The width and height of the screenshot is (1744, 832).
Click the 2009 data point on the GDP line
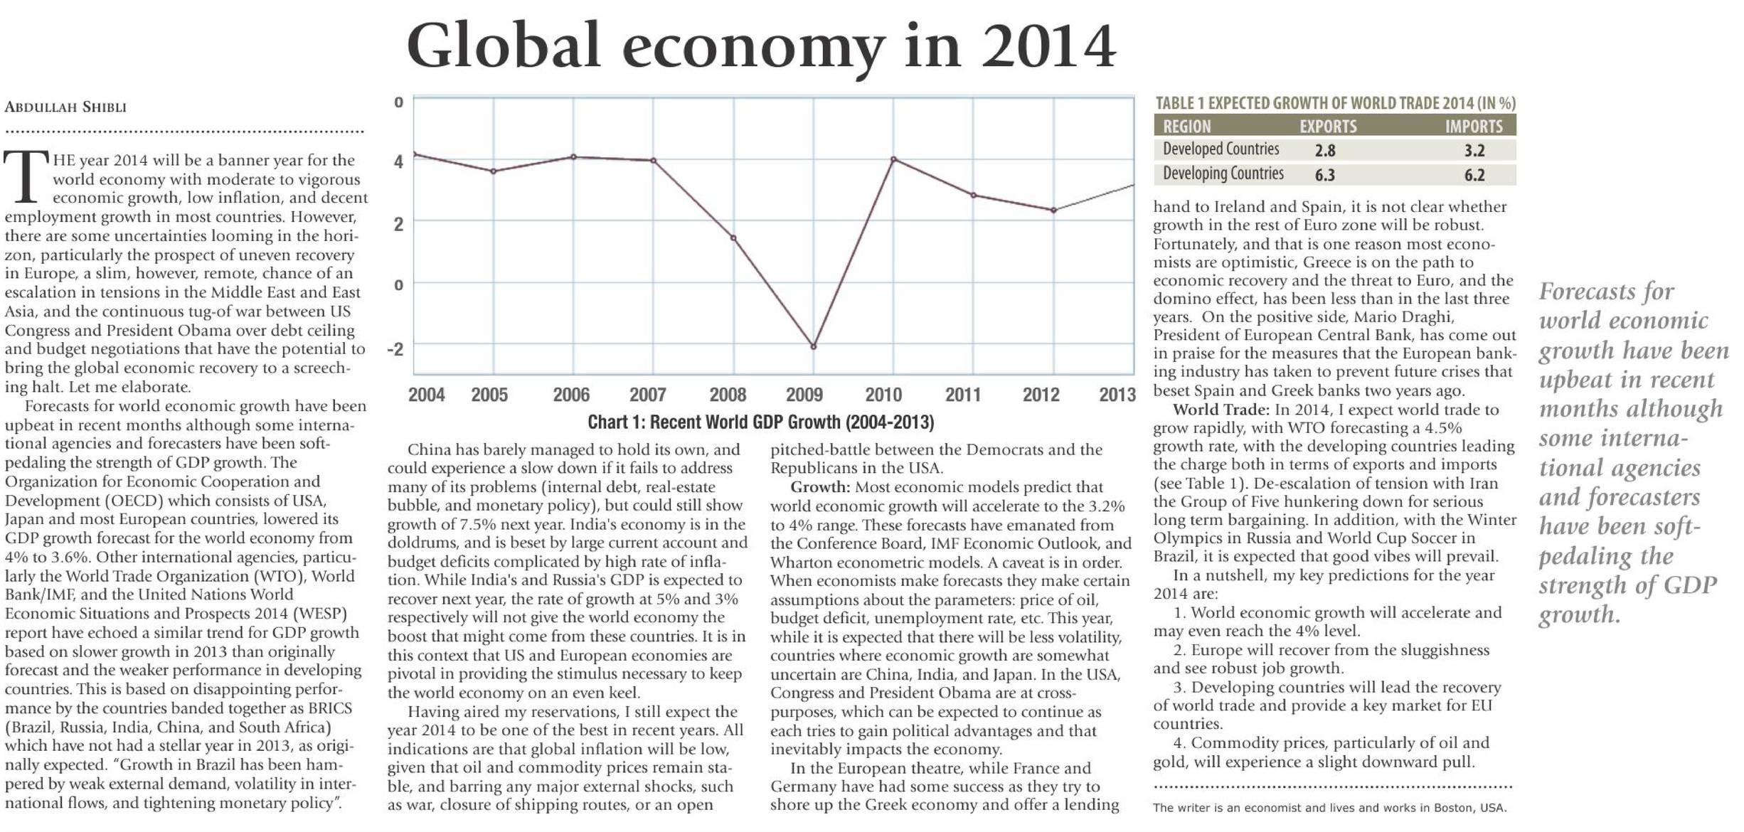[x=814, y=347]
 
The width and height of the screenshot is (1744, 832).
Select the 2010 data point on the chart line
[x=893, y=159]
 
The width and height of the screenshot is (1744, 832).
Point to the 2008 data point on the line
[x=733, y=238]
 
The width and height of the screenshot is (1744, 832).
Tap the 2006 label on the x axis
[x=571, y=395]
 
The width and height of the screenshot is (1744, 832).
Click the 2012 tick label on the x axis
[x=1041, y=395]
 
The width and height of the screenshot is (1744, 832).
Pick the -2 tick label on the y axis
[x=395, y=349]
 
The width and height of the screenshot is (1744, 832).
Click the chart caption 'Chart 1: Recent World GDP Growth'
[x=760, y=422]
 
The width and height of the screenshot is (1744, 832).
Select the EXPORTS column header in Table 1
[x=1328, y=127]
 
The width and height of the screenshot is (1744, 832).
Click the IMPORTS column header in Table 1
[x=1474, y=127]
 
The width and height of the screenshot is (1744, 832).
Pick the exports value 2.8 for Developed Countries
[x=1325, y=151]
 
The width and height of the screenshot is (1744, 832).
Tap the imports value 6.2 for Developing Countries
[x=1474, y=175]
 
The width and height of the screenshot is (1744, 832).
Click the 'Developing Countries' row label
[x=1223, y=174]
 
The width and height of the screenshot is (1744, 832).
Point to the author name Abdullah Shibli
[x=65, y=107]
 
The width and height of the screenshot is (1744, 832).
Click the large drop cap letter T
[x=26, y=176]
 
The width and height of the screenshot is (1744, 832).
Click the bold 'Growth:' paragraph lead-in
[x=820, y=487]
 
